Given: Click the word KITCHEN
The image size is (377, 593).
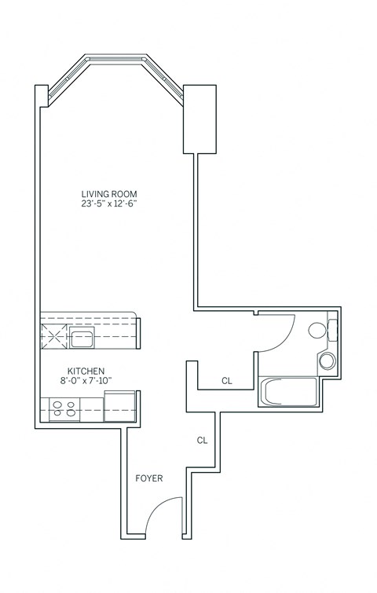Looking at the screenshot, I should coord(86,371).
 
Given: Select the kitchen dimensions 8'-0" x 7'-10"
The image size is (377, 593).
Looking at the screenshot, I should coord(86,381).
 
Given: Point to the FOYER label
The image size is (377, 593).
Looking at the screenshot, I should coord(148,478).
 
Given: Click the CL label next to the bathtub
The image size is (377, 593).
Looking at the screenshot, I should coord(227,381).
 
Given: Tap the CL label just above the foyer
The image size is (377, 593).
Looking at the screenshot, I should coord(202,441).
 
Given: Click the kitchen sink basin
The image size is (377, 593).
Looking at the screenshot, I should coord(81,339).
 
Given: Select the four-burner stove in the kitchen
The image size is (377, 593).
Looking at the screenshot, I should coord(63,408).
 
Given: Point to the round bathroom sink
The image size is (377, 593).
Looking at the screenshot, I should coord(327,361).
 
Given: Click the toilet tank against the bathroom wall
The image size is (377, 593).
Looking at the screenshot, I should coord(332,330).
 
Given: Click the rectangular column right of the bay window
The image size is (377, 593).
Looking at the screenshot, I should coord(199,118).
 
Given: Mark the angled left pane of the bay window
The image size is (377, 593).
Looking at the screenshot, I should coord(67,79).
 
